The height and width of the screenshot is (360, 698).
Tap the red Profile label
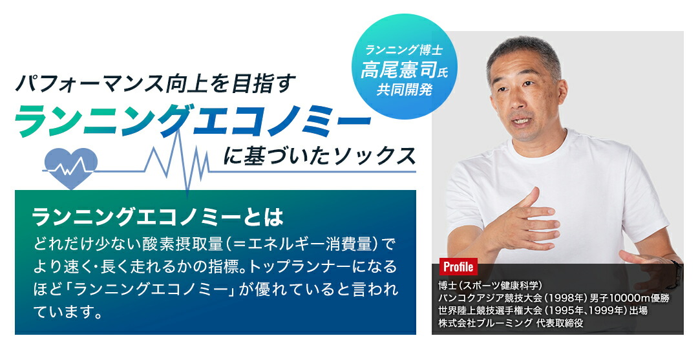coord(458,267)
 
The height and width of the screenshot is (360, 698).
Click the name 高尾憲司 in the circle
coord(399,70)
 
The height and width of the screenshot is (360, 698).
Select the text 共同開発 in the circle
coord(405,89)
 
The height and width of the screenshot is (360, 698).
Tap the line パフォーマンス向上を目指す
coord(155,83)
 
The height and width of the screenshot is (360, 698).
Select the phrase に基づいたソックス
coord(319,156)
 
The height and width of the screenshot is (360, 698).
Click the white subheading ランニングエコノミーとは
coord(158,217)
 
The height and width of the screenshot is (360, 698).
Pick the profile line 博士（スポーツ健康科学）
coord(489,286)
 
